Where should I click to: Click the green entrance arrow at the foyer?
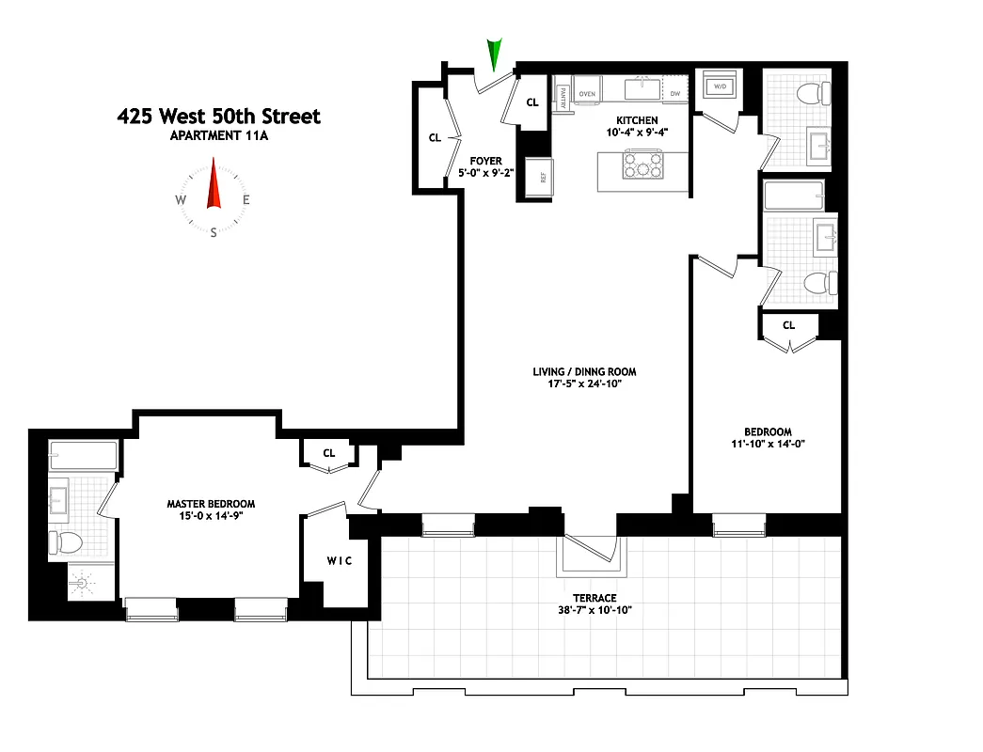(x=494, y=55)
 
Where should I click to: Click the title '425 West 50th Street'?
(x=218, y=117)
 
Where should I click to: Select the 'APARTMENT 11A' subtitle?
(x=218, y=136)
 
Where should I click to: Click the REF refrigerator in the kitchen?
(x=541, y=174)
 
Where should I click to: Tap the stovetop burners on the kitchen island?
(x=640, y=168)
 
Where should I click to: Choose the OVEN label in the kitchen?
(x=589, y=94)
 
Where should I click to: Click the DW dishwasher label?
(x=675, y=94)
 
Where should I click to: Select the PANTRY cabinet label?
(x=563, y=98)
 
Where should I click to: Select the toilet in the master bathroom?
(x=67, y=542)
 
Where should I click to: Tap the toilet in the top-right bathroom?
(x=811, y=93)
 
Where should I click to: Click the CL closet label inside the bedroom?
(x=788, y=325)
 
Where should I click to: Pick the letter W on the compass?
(x=181, y=200)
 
